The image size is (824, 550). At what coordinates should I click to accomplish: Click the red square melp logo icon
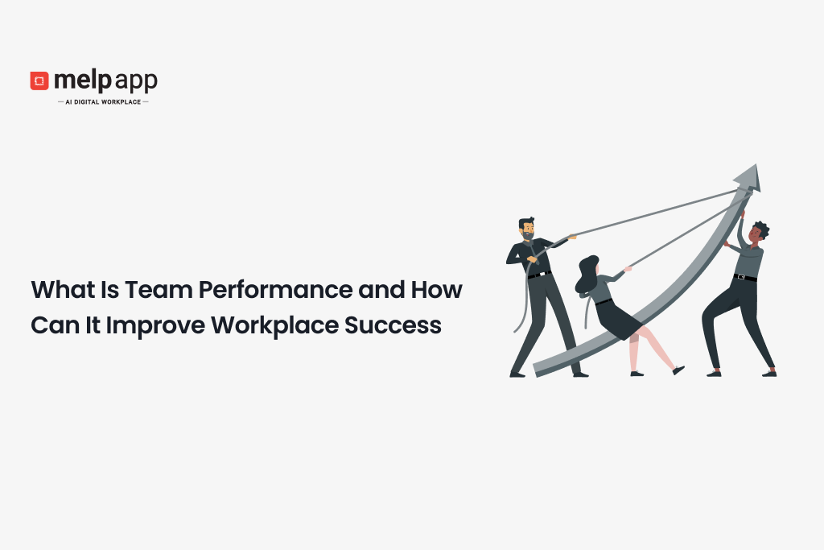(x=39, y=81)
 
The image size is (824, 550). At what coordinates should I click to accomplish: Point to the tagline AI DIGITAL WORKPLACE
(x=103, y=102)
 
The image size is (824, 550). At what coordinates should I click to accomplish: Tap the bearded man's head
(x=526, y=228)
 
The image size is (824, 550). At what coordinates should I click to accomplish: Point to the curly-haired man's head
(x=757, y=233)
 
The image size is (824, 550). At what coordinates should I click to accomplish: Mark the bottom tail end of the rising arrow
(x=536, y=369)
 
